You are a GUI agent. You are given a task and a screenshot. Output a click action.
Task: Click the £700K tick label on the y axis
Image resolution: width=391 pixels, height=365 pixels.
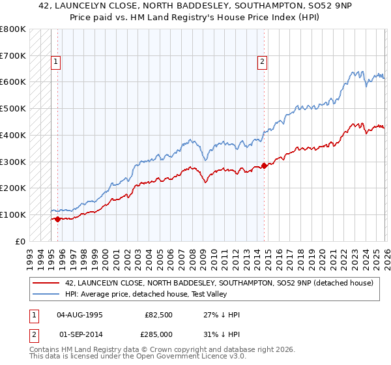13,56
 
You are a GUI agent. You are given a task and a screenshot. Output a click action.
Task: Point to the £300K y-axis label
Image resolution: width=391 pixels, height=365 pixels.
13,162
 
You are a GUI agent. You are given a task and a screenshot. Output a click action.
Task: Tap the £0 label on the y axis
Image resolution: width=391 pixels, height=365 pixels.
20,241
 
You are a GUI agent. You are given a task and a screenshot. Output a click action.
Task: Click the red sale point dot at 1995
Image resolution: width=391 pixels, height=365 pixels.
57,219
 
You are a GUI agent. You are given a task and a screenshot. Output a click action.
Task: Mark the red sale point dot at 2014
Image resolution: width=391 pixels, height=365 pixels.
264,166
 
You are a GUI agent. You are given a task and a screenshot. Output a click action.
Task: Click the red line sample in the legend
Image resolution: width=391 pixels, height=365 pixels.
47,283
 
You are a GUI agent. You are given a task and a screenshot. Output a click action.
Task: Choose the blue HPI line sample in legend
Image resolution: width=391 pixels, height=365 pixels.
47,293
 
